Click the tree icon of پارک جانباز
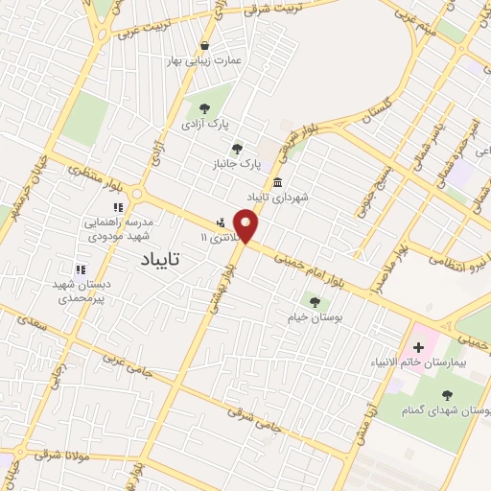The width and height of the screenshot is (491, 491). pos(237,149)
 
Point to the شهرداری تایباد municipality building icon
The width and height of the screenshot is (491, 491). pos(277,182)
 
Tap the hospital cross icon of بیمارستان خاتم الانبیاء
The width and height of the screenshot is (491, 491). pos(419,346)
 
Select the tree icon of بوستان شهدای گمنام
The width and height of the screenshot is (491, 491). pos(447,393)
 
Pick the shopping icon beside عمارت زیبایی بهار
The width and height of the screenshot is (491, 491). pos(204,46)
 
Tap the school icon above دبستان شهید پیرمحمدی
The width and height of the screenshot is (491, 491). pos(82,270)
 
